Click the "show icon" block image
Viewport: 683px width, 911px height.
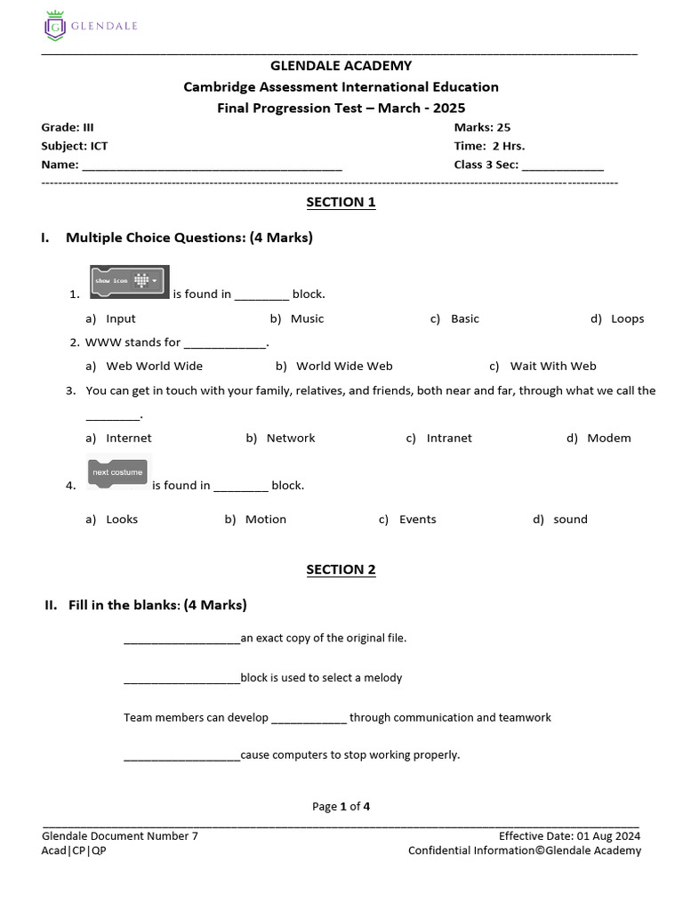point(130,280)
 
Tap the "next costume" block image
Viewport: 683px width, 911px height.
point(118,472)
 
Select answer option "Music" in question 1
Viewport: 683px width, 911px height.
point(307,318)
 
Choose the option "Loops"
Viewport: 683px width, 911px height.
point(627,318)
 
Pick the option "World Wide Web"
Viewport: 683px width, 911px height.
point(343,366)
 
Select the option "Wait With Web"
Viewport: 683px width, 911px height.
point(552,366)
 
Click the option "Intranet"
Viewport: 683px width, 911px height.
point(449,438)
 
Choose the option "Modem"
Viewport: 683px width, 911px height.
point(608,438)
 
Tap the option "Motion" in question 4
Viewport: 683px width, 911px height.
point(265,520)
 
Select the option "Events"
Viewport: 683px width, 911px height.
point(417,520)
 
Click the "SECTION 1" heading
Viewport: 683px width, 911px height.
point(341,202)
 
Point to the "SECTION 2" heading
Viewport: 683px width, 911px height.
point(341,569)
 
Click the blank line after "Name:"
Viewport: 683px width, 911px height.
point(212,165)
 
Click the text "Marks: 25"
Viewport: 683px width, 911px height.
point(482,127)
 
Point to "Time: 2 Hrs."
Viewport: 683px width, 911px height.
point(489,146)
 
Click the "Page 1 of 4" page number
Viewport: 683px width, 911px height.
point(341,807)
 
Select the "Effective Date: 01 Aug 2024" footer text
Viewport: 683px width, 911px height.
point(569,835)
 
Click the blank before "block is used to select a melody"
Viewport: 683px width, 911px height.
point(181,679)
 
